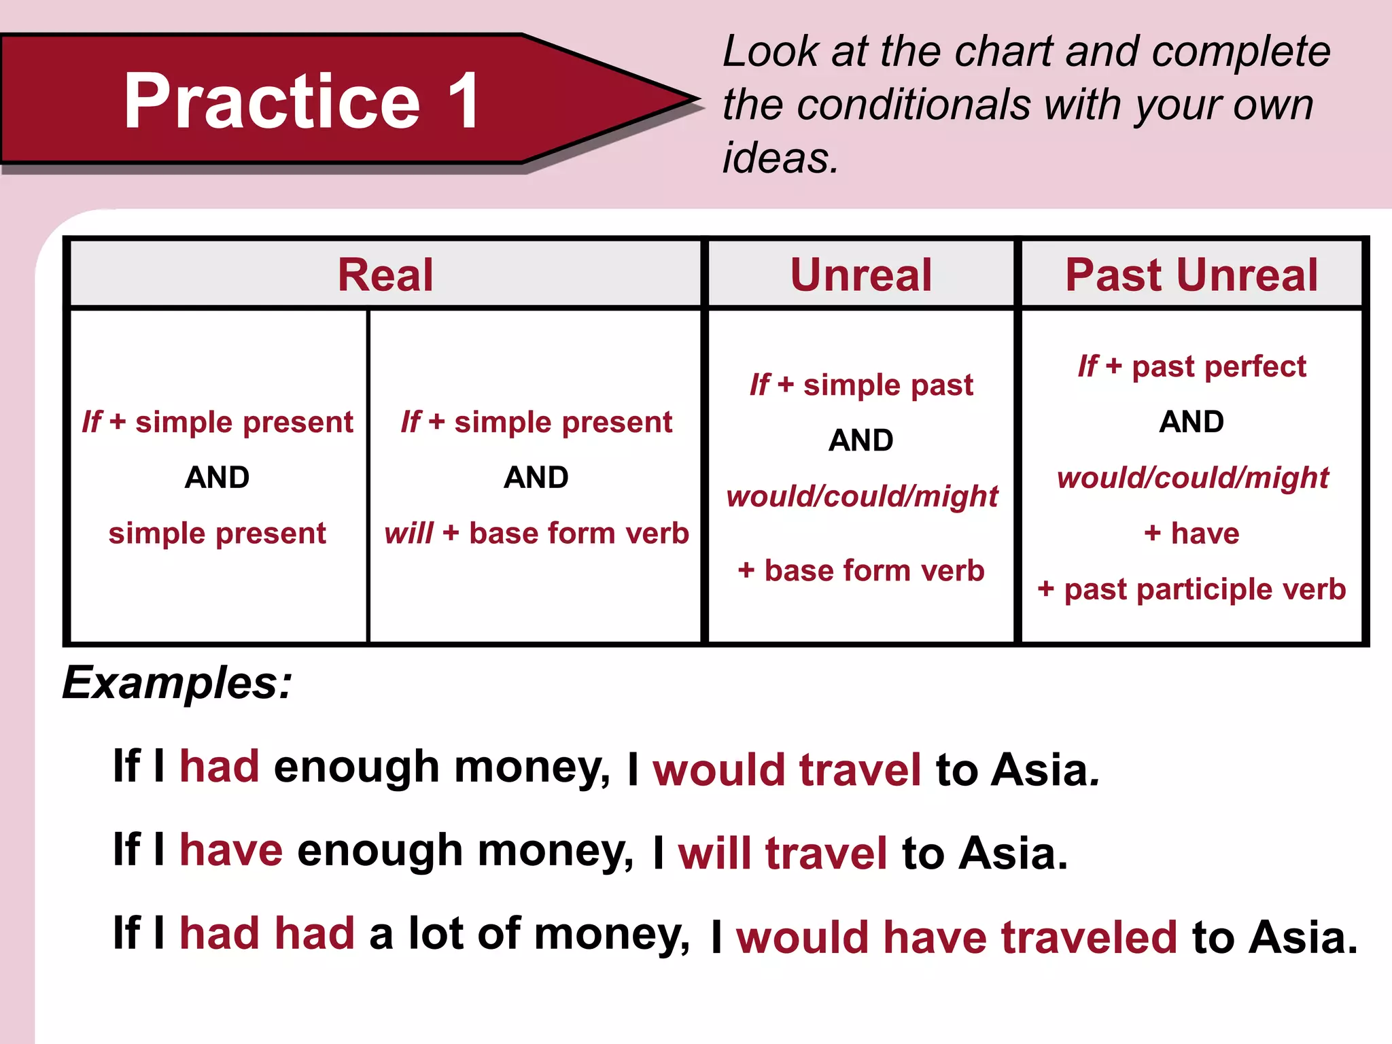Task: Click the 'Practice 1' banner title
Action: [302, 101]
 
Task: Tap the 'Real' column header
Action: [385, 275]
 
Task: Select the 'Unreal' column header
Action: [860, 275]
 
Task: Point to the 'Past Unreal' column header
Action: [1191, 275]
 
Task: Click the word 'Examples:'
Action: [177, 682]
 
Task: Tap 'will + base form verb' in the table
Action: [536, 534]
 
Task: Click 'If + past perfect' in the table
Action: [1191, 366]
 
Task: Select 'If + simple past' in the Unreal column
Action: [861, 385]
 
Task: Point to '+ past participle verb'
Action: [1191, 589]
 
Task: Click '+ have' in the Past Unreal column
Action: [1191, 534]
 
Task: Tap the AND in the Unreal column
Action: [861, 440]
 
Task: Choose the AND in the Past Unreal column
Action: [1191, 422]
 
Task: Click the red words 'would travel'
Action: [787, 770]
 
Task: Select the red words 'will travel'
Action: [782, 854]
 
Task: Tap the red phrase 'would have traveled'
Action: [956, 937]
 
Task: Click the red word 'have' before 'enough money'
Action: [231, 850]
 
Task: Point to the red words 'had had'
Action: [267, 933]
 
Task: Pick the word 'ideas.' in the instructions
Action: [781, 158]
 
